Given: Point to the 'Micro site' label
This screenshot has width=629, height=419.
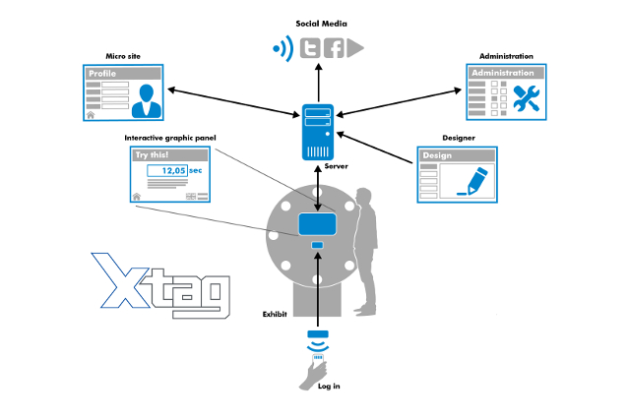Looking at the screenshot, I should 123,56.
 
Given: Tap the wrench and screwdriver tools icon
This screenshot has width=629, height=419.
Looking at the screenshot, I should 525,98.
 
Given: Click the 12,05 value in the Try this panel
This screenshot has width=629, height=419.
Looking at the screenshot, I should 174,170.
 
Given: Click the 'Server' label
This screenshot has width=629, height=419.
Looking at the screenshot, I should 336,166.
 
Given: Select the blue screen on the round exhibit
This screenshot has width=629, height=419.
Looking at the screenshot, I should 318,223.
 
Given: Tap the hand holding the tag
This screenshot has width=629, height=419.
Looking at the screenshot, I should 313,372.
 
